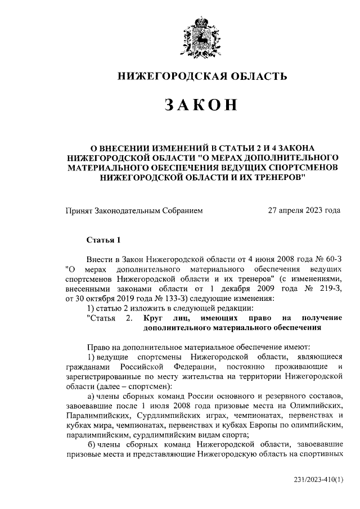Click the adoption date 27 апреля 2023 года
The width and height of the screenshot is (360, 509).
point(304,211)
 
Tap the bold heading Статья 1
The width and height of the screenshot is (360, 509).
point(103,240)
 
